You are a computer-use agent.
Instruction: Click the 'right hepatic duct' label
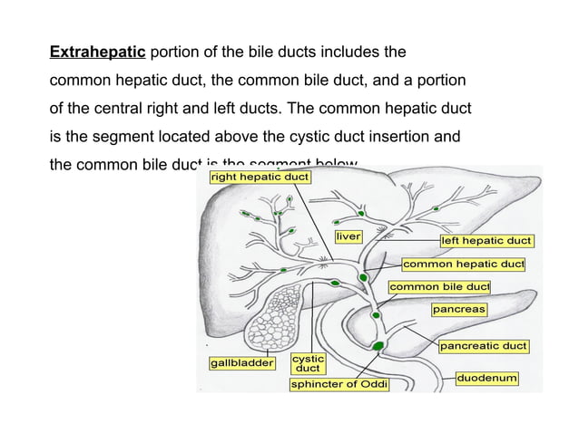pos(260,177)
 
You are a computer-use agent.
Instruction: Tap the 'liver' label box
pos(349,236)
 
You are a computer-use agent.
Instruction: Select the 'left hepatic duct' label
pos(486,241)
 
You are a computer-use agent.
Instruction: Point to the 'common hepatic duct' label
pos(464,265)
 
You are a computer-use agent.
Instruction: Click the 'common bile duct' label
pos(439,287)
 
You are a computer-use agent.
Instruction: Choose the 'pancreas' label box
pos(459,310)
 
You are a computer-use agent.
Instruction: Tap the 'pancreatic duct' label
pos(484,346)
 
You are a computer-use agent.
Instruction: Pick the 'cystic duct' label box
pos(309,364)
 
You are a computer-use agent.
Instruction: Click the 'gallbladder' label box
pos(242,363)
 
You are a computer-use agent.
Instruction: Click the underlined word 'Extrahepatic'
pos(98,48)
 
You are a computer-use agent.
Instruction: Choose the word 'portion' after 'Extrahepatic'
pos(178,48)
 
